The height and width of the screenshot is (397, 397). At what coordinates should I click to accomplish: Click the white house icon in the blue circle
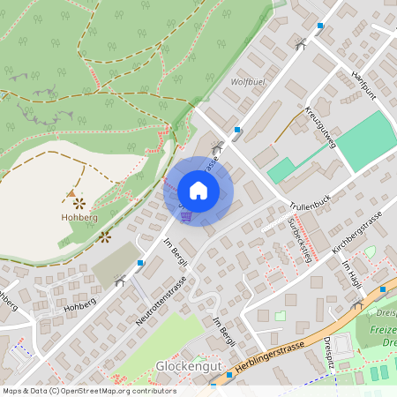point(198,191)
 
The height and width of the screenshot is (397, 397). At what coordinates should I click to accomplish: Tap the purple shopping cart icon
point(185,215)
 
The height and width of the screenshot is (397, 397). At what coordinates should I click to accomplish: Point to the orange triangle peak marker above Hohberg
point(71,192)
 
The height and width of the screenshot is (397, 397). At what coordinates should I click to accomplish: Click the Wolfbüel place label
point(248,82)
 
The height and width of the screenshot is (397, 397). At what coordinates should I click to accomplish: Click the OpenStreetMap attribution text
point(88,391)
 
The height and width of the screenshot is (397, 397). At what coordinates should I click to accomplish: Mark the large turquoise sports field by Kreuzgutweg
point(364,141)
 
